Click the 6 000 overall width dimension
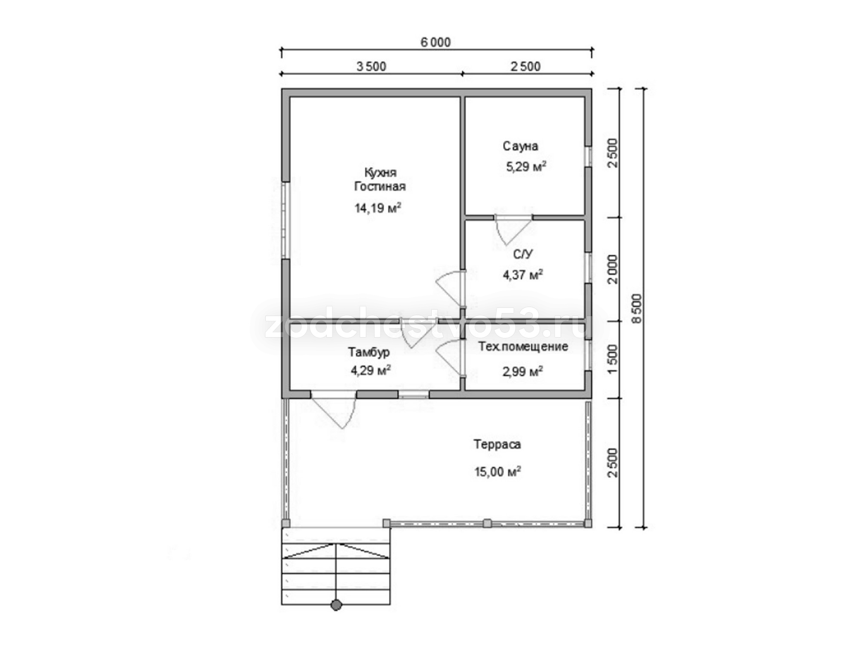click(x=436, y=43)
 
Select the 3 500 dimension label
click(x=372, y=67)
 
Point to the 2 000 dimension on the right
click(x=612, y=269)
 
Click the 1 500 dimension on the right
click(x=612, y=355)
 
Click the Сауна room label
click(x=520, y=146)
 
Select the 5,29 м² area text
click(x=526, y=166)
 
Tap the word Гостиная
click(x=380, y=186)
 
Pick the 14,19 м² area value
click(x=378, y=208)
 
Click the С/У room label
click(x=523, y=255)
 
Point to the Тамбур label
click(x=369, y=352)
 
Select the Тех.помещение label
click(x=523, y=347)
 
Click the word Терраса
click(x=497, y=444)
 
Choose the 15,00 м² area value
click(x=498, y=472)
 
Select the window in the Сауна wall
click(x=588, y=157)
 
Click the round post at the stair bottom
click(x=336, y=605)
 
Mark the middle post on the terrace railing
click(x=487, y=523)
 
